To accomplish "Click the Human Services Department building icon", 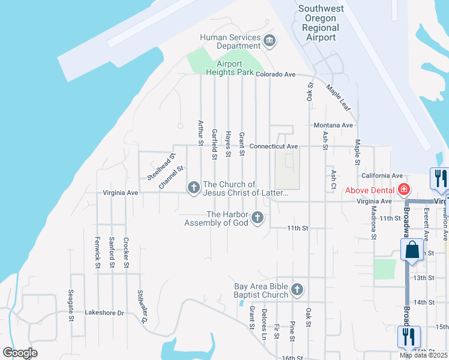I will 270,41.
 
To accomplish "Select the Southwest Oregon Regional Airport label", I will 321,23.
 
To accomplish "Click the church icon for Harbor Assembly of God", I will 258,217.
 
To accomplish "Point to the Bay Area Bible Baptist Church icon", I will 297,290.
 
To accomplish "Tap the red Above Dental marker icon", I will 404,190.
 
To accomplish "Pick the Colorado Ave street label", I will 276,74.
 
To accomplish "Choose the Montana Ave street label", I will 333,125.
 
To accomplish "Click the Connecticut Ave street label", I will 274,146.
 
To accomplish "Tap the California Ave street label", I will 381,175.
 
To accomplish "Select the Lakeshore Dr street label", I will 104,313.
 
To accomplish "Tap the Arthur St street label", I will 200,133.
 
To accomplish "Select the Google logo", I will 20,353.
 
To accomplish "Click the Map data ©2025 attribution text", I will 424,355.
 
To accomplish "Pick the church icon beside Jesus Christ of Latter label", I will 193,188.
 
